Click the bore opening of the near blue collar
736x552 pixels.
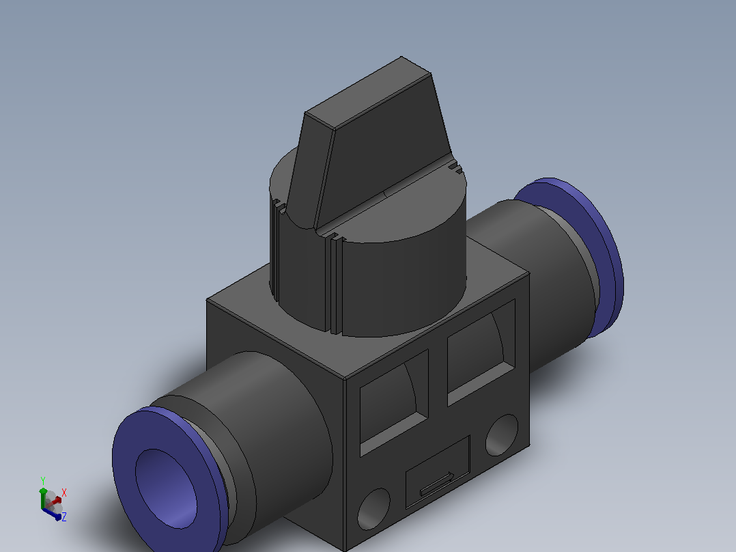click(x=166, y=488)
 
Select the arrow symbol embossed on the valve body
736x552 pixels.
click(x=437, y=484)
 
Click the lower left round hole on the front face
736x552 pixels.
click(x=373, y=509)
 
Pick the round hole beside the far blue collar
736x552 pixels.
click(x=502, y=435)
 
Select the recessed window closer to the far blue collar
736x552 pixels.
click(x=481, y=352)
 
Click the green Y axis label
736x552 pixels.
click(x=43, y=481)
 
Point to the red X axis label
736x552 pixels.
click(x=64, y=493)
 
